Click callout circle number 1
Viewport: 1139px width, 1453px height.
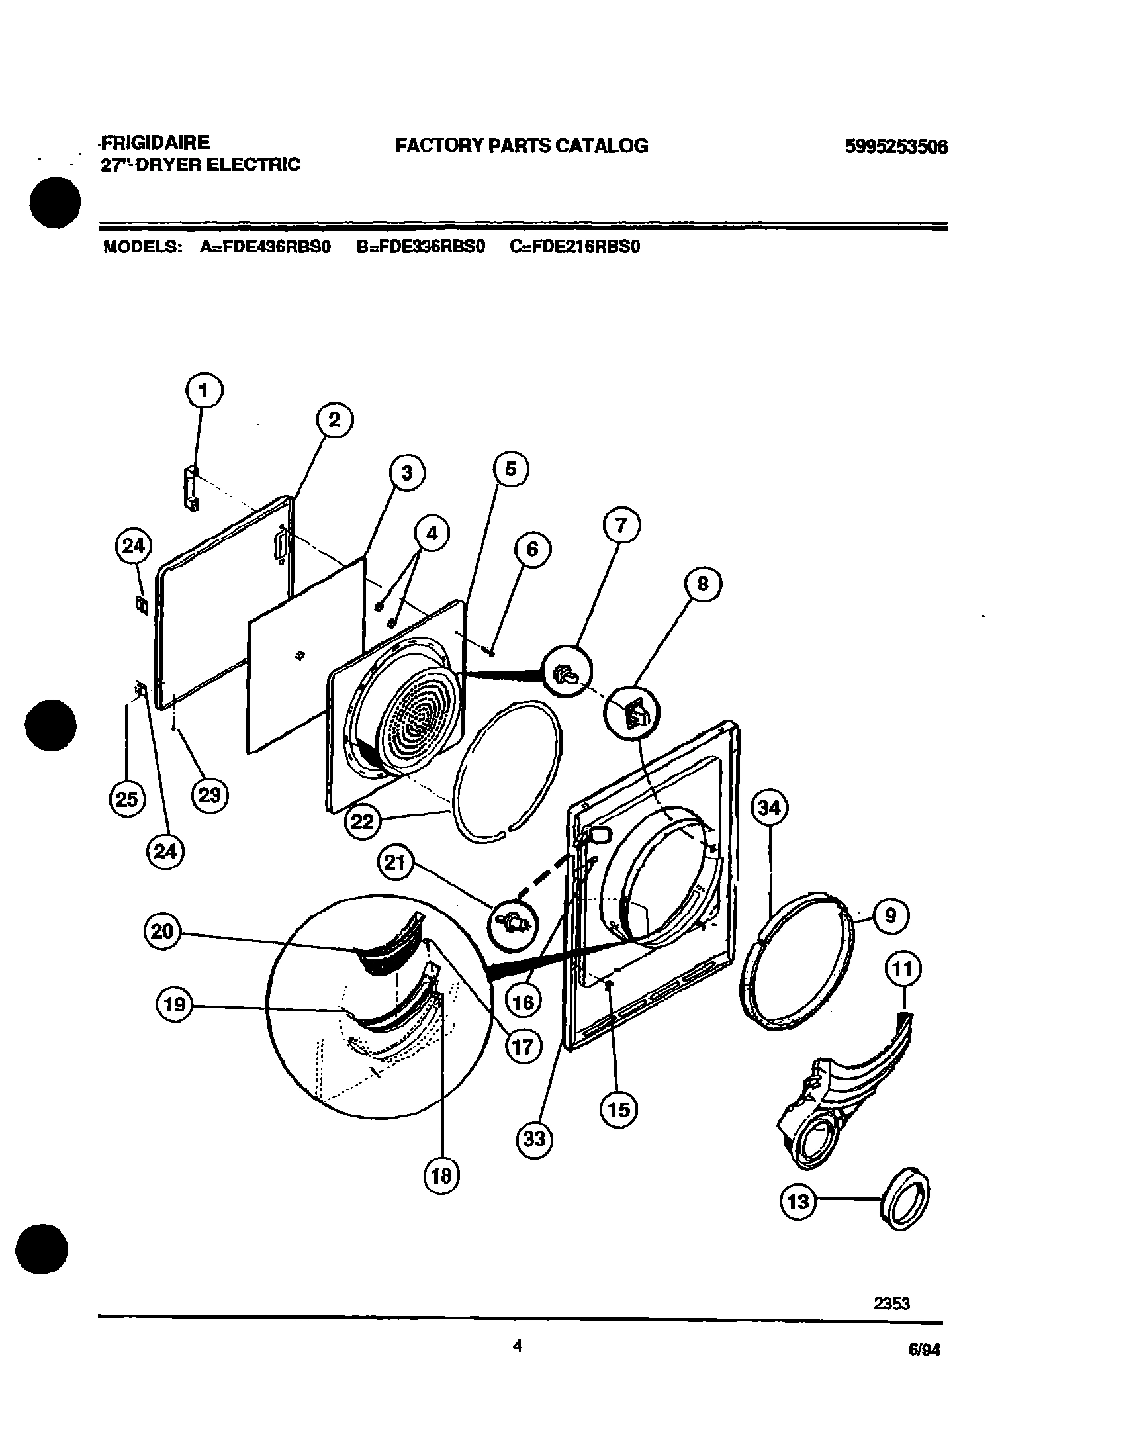[204, 390]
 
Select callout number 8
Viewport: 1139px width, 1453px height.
[703, 584]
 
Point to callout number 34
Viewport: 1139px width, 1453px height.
[770, 808]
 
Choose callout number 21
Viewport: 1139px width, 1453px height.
[396, 863]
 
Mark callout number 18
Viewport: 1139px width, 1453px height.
[441, 1176]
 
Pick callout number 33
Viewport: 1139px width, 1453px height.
[534, 1139]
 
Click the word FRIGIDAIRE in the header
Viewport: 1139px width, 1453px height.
[156, 142]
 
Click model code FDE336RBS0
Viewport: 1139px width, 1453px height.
[421, 247]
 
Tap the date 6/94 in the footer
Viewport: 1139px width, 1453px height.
[925, 1350]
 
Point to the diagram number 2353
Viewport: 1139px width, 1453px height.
[891, 1303]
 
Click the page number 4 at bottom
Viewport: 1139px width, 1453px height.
[518, 1345]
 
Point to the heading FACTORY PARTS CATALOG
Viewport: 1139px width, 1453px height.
[522, 146]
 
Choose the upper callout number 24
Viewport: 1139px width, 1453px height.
[134, 545]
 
